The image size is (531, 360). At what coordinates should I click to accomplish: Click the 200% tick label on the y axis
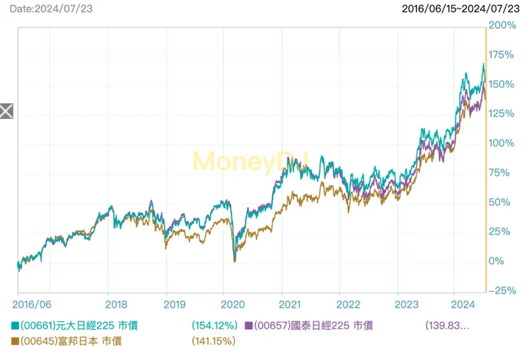click(502, 26)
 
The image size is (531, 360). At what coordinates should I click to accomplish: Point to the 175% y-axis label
click(502, 55)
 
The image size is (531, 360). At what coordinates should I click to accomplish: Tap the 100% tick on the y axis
click(502, 143)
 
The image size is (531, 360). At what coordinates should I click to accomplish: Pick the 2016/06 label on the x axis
click(34, 305)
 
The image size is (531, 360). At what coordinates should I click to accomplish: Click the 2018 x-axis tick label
click(108, 305)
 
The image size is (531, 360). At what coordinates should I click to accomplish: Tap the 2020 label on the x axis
click(223, 305)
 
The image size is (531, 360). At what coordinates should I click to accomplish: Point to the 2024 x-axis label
click(454, 305)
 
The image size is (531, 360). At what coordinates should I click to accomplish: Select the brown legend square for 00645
click(15, 342)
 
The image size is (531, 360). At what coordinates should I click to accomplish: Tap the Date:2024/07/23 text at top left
click(52, 9)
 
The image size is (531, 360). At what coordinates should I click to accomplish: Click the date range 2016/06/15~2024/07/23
click(460, 9)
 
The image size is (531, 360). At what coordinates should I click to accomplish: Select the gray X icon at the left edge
click(6, 110)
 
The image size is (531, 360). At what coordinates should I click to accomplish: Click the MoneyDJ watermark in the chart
click(250, 161)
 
